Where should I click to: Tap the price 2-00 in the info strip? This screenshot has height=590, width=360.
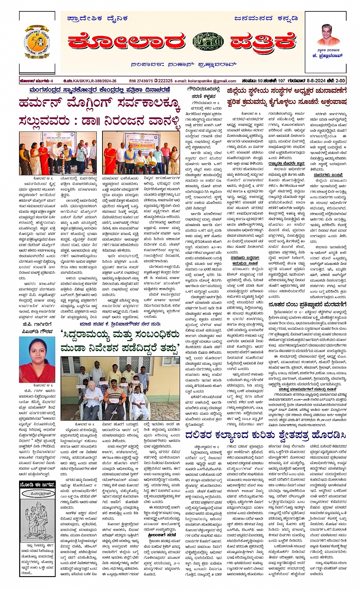[340, 81]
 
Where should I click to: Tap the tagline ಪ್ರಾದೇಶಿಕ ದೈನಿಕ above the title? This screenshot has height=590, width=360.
[97, 18]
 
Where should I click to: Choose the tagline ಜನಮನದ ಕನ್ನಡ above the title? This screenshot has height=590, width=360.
[266, 18]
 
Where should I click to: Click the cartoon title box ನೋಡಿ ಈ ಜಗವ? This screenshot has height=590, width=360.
[37, 485]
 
